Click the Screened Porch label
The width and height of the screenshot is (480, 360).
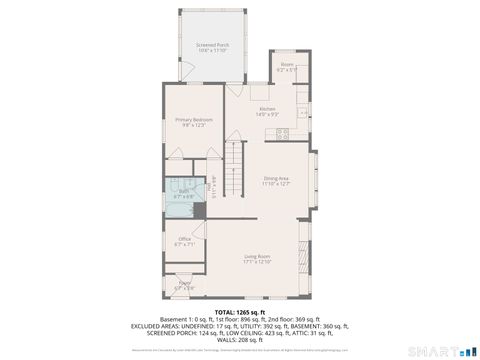[x=212, y=45]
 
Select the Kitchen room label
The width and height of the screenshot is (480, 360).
[x=267, y=108]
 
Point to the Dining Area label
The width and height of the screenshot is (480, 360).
[x=276, y=178]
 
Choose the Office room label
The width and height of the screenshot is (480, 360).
[x=184, y=238]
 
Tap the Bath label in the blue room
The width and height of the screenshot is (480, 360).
[x=184, y=191]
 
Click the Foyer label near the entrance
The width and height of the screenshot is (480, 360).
[x=184, y=283]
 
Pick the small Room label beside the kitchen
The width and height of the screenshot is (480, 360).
[x=287, y=65]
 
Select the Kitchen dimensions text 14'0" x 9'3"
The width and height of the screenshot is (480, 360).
[x=267, y=114]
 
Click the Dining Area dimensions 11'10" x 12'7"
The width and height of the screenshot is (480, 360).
[x=276, y=184]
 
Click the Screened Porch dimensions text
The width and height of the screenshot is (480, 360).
[x=212, y=51]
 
